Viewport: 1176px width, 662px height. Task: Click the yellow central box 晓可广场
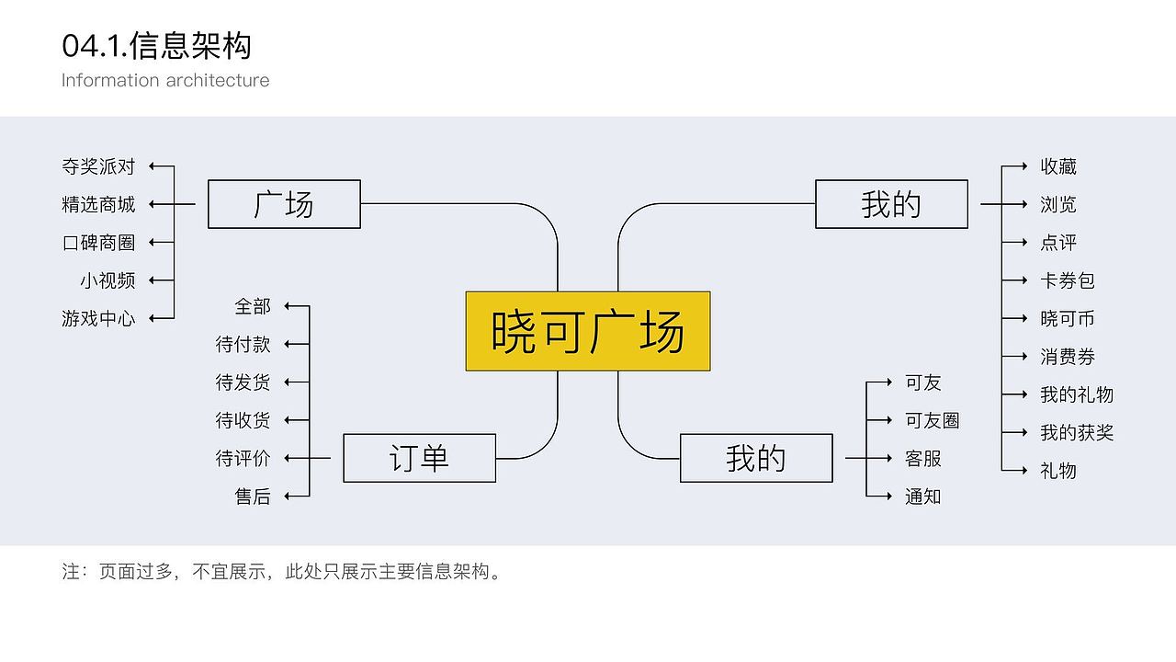point(588,331)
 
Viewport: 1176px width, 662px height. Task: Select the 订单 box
point(419,458)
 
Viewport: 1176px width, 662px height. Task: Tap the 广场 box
point(284,204)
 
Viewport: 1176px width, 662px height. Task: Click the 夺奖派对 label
point(98,166)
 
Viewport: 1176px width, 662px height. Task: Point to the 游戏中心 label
point(98,318)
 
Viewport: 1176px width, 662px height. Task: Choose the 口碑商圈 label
point(98,243)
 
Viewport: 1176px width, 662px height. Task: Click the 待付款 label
point(243,344)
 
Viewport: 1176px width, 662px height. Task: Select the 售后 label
point(253,496)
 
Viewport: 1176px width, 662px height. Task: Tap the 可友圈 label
point(933,420)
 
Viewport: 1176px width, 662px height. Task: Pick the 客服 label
point(923,458)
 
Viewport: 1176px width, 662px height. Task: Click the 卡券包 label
point(1068,280)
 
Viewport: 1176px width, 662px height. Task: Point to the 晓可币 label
point(1068,318)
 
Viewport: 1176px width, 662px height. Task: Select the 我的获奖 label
point(1077,432)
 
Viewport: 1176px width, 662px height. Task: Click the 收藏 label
point(1058,166)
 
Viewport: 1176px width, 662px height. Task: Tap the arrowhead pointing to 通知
point(888,496)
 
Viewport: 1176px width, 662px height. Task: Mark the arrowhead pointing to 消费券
point(1023,357)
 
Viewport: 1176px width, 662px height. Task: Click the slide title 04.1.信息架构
point(156,44)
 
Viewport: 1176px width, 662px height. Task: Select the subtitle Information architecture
point(165,80)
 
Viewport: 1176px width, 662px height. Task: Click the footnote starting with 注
point(282,571)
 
